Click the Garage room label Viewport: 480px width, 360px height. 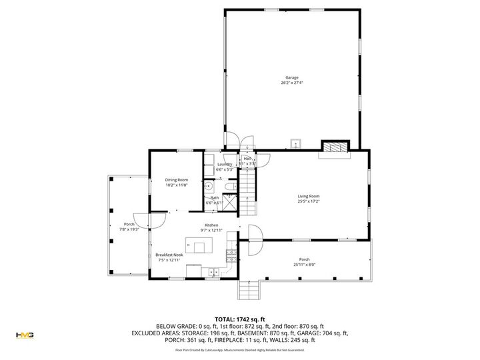tap(292, 77)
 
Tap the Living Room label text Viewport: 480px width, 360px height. tap(309, 196)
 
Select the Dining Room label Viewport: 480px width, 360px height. tap(177, 180)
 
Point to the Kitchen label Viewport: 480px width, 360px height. tap(212, 225)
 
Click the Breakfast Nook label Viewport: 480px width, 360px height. tap(169, 255)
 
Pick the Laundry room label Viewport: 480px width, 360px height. tap(224, 164)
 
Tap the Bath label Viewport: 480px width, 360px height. tap(215, 197)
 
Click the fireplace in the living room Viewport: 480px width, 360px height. tap(335, 147)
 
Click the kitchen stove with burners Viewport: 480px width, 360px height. tap(231, 255)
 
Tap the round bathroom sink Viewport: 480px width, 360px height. tap(208, 187)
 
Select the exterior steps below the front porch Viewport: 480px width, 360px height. tap(248, 289)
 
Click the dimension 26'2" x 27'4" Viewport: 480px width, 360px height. tap(292, 83)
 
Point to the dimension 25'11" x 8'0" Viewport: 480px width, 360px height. tap(305, 265)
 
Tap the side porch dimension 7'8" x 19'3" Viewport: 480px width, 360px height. tap(129, 229)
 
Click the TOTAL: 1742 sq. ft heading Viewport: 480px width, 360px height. tap(239, 319)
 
